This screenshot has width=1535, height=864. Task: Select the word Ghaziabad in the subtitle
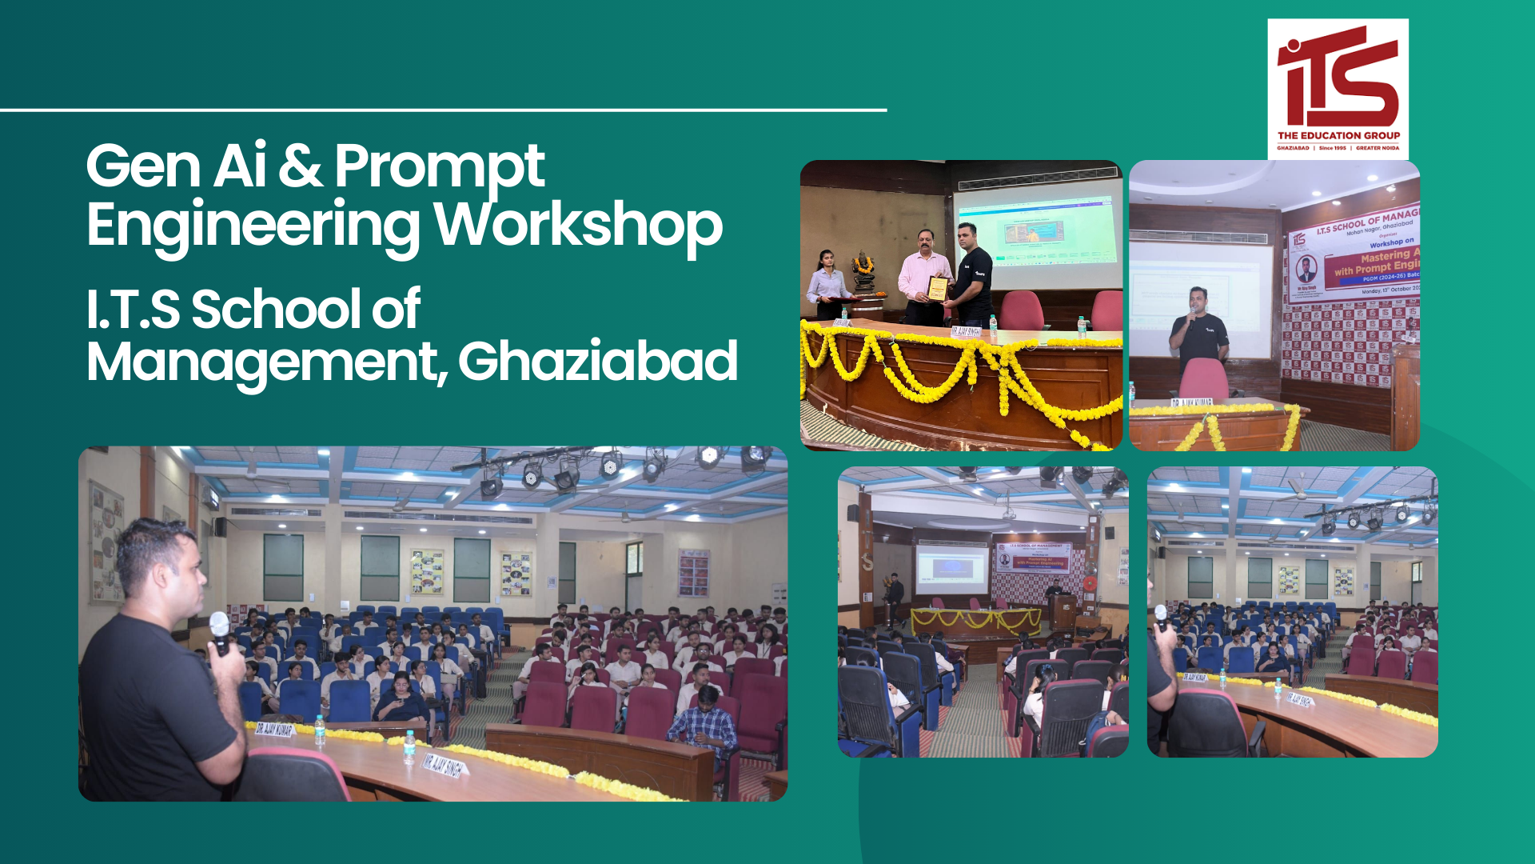(597, 362)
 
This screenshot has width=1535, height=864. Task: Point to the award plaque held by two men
(938, 289)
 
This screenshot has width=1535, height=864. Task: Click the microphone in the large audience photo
(219, 630)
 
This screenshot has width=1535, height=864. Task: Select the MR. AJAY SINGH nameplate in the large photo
(444, 764)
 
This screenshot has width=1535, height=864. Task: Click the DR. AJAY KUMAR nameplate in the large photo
(274, 729)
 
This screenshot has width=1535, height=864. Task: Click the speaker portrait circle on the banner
(1306, 269)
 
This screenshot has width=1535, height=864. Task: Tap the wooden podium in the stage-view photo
(1063, 613)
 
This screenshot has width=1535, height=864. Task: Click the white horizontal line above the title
(444, 110)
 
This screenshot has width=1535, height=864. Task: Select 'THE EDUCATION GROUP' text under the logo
(1338, 136)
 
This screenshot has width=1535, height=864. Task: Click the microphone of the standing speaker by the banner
(1192, 314)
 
